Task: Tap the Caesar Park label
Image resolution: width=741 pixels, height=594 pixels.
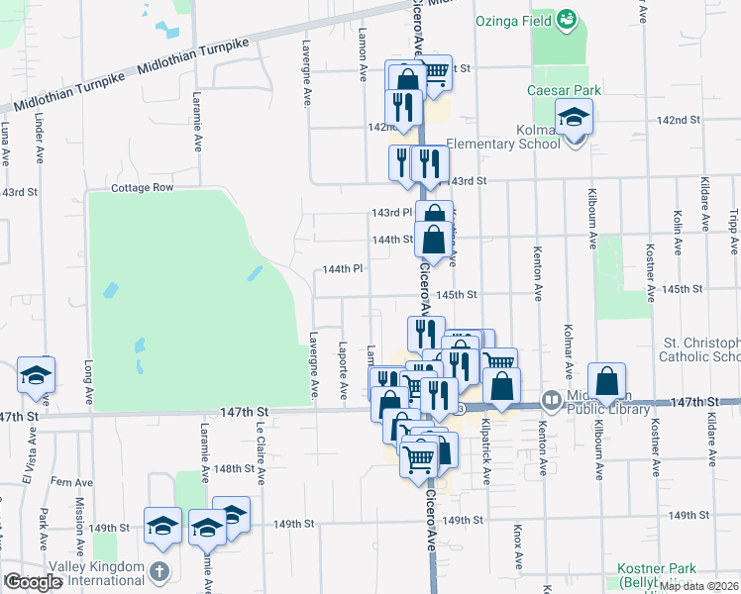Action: [565, 91]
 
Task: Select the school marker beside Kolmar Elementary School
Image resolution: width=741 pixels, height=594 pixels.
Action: [574, 120]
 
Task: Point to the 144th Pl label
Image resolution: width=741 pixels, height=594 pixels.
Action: [343, 269]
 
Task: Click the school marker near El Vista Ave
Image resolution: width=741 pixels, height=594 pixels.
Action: [36, 376]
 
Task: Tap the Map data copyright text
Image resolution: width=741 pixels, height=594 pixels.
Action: [699, 586]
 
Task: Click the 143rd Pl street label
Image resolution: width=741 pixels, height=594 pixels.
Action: [391, 213]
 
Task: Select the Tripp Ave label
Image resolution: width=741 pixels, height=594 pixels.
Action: [734, 232]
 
